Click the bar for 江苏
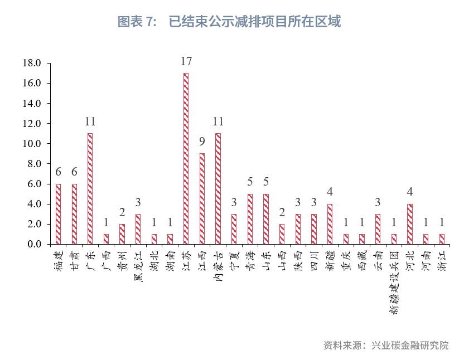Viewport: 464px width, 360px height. click(x=186, y=159)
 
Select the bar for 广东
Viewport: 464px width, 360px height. click(x=90, y=189)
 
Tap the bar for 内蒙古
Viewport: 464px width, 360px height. click(x=218, y=189)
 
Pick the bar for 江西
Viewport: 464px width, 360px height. click(x=202, y=199)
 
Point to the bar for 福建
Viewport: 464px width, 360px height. click(x=58, y=214)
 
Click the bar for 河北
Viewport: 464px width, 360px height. click(x=410, y=224)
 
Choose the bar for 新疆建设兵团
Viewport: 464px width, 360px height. click(x=394, y=239)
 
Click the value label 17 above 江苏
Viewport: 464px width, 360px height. click(x=186, y=61)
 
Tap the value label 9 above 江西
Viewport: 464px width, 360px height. click(x=202, y=142)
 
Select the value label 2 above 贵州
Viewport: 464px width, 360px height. click(x=122, y=212)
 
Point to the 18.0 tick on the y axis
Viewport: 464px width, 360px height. click(x=32, y=63)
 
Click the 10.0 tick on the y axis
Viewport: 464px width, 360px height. click(x=32, y=144)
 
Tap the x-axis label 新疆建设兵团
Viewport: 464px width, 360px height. click(x=394, y=281)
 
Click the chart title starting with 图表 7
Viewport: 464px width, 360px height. click(x=229, y=22)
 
